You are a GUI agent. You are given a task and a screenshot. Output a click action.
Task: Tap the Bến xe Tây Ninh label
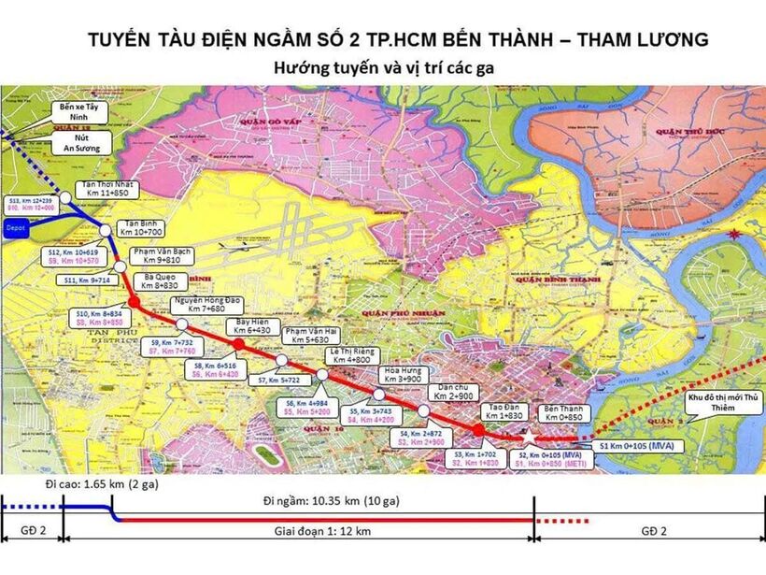(x=79, y=113)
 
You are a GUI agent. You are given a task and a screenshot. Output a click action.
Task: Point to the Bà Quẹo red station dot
(x=134, y=303)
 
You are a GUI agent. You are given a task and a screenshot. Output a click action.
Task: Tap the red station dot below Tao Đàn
(x=478, y=429)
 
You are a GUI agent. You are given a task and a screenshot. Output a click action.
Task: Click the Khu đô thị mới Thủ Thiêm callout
(x=724, y=402)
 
